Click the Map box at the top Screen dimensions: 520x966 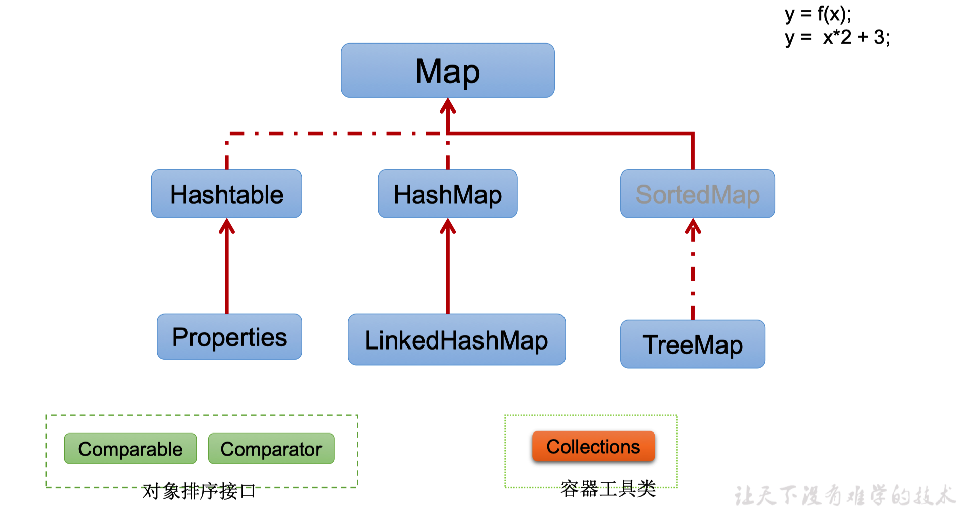click(x=447, y=70)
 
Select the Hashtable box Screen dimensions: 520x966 click(x=226, y=194)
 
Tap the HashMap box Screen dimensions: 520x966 click(x=447, y=194)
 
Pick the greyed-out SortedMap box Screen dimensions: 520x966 click(x=697, y=194)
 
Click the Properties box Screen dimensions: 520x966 click(x=229, y=337)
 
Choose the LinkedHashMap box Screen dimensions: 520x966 click(x=456, y=340)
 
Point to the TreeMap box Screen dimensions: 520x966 click(x=692, y=344)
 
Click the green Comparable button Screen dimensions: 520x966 click(x=130, y=449)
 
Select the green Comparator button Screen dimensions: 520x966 click(x=271, y=449)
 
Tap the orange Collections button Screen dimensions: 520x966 click(x=593, y=447)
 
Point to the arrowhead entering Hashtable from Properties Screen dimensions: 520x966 click(x=227, y=226)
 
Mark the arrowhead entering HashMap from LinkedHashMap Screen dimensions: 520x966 click(x=448, y=226)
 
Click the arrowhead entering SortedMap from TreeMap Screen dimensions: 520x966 click(x=693, y=226)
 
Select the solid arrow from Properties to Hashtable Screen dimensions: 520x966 click(x=227, y=272)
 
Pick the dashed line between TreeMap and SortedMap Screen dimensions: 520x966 click(x=693, y=277)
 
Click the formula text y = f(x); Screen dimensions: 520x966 click(x=818, y=14)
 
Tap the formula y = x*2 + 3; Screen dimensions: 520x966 click(x=837, y=38)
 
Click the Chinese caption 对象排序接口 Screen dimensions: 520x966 click(x=199, y=491)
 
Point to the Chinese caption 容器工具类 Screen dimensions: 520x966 click(x=608, y=488)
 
